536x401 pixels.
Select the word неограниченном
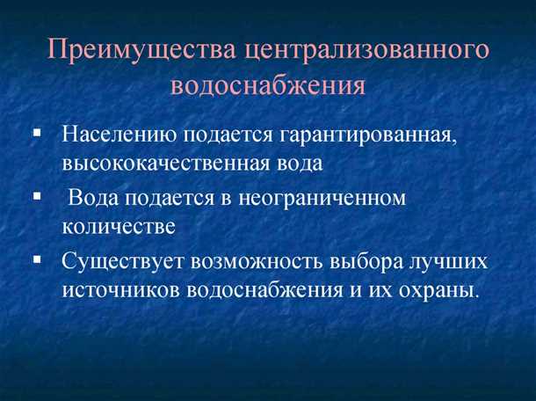coord(337,199)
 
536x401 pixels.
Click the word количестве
coord(119,226)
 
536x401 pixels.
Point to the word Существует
coord(123,261)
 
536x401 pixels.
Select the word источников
coord(120,288)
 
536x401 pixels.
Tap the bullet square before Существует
coord(37,259)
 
